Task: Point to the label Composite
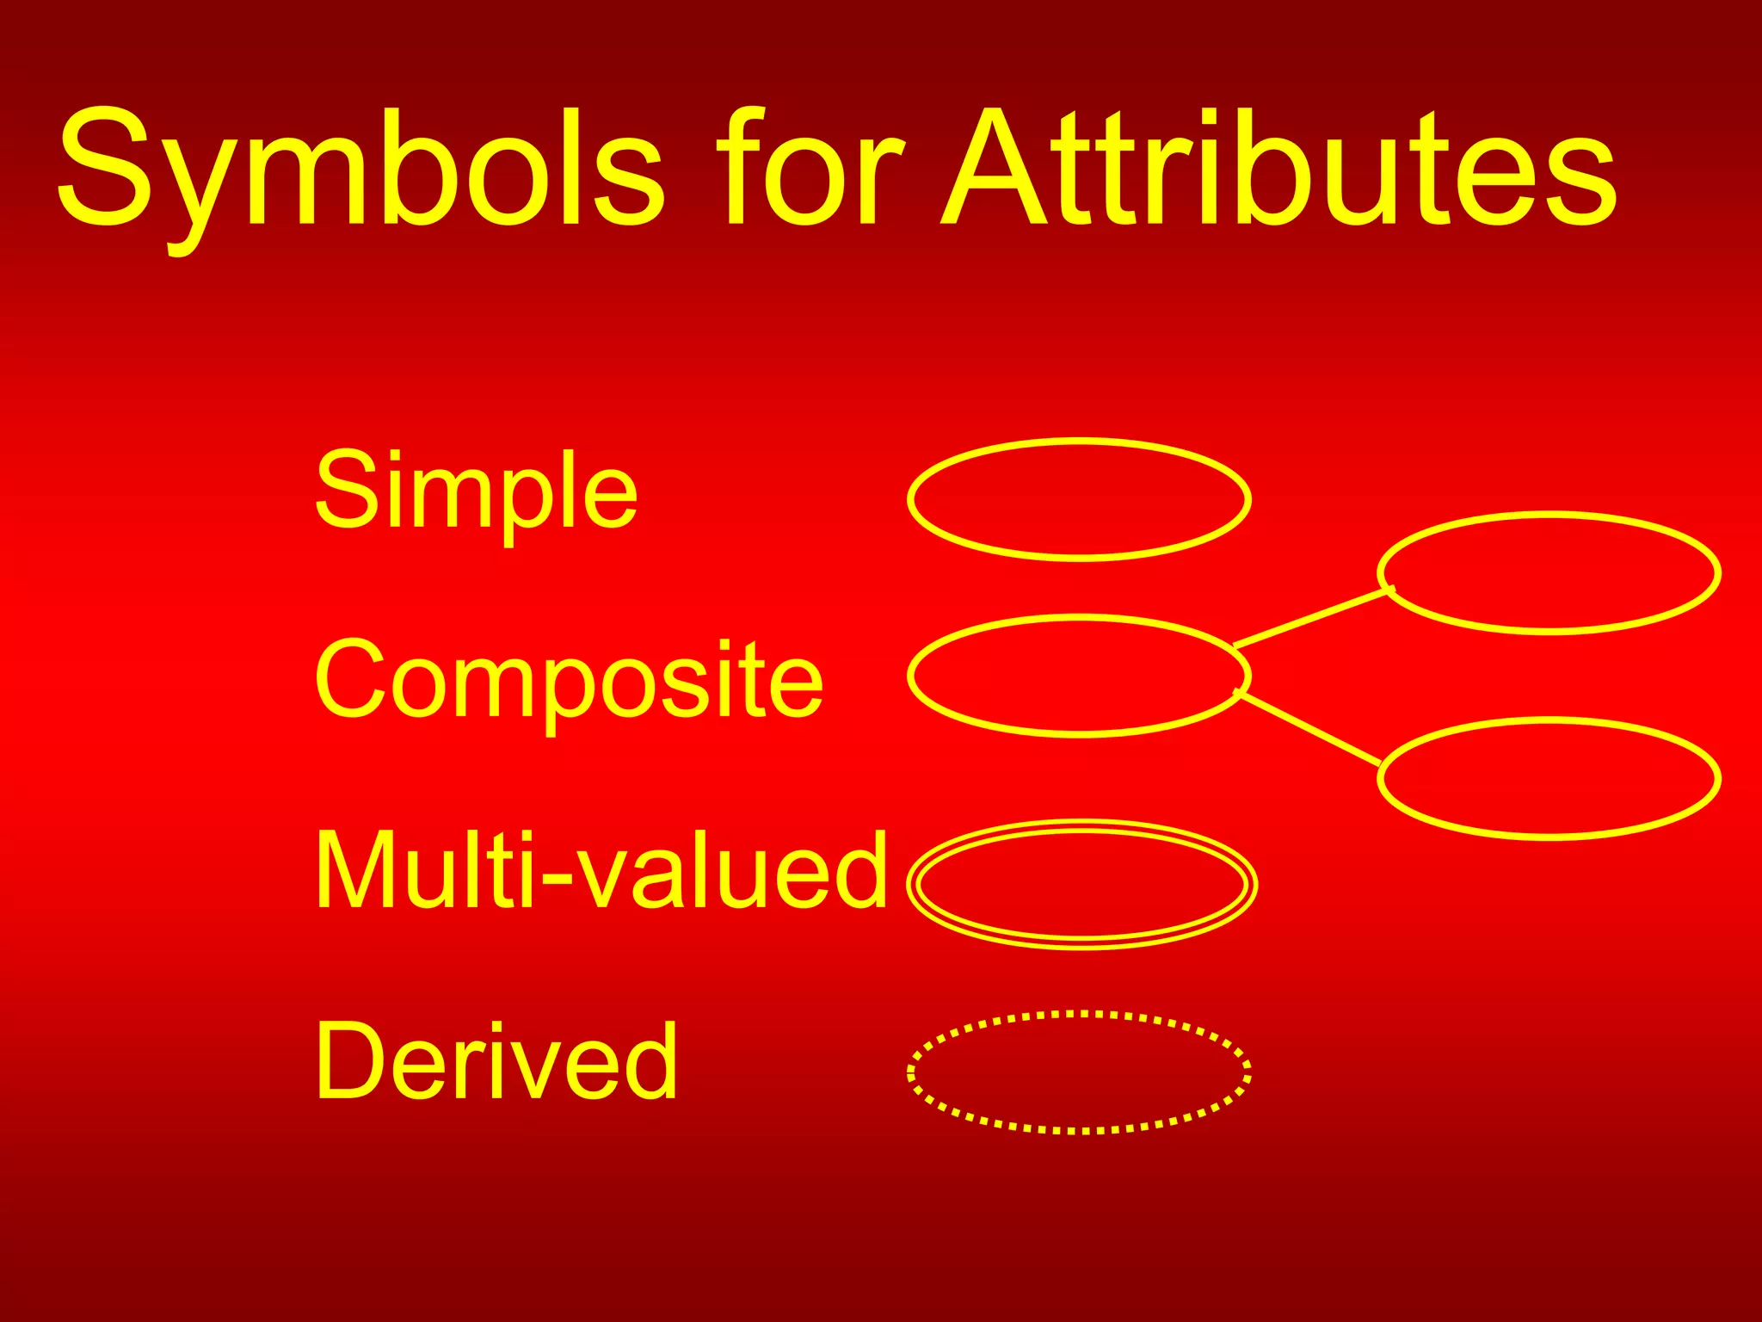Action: point(569,680)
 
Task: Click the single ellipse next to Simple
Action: point(1079,500)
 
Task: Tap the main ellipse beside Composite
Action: point(1079,676)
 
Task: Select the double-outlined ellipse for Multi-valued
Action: point(1082,884)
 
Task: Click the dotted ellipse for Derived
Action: point(1079,1072)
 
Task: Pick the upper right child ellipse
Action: point(1549,573)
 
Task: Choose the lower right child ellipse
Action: point(1549,778)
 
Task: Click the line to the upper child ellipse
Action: point(1313,617)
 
